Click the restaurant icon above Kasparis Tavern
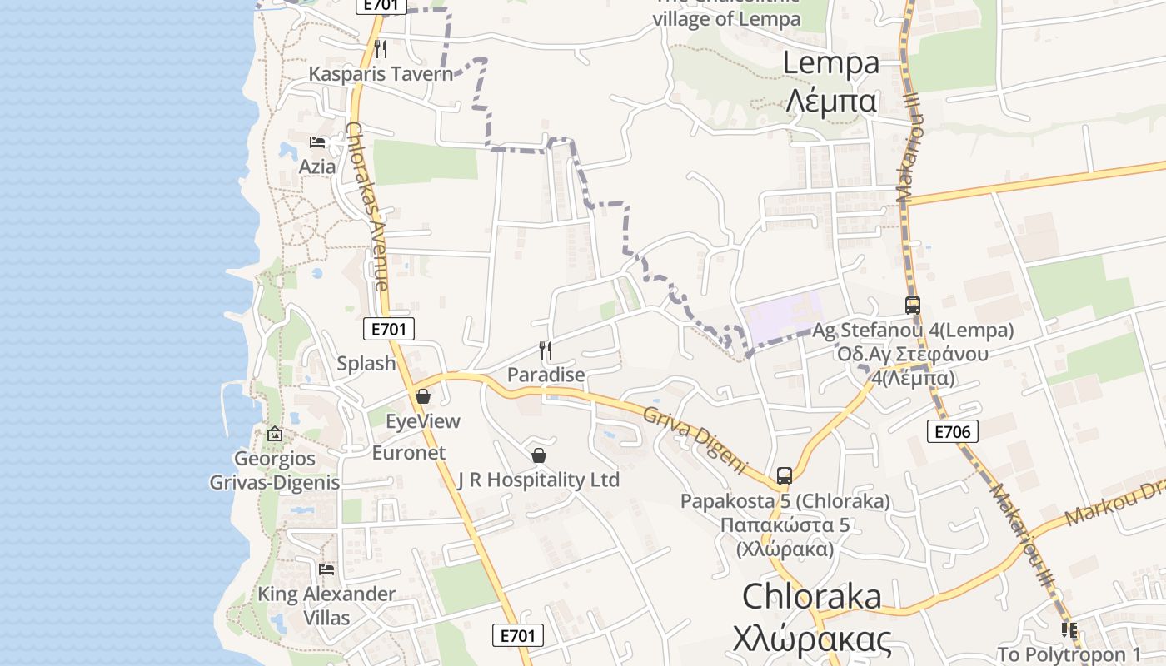[x=381, y=49]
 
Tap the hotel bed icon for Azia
[x=317, y=142]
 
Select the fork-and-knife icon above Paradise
[x=546, y=350]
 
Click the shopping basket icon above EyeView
[x=423, y=396]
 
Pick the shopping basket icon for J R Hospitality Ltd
[x=539, y=455]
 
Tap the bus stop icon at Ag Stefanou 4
[x=913, y=306]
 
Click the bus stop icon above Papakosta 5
[x=785, y=476]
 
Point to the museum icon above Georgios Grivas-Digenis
[x=275, y=434]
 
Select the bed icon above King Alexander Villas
[x=326, y=569]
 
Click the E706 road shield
[x=952, y=430]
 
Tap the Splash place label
[x=366, y=364]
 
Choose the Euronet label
[x=409, y=453]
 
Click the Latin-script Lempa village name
[x=831, y=62]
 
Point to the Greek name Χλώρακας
[x=812, y=639]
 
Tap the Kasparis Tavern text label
[x=381, y=74]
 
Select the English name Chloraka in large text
[x=811, y=596]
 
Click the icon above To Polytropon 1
[x=1069, y=630]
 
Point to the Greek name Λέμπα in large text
[x=831, y=102]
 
